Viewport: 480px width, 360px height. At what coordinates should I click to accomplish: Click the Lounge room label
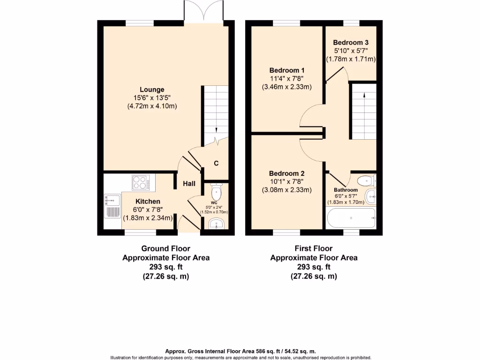152,90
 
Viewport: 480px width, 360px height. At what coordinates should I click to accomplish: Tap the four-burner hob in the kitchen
141,182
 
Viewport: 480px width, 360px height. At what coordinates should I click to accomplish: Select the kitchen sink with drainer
112,206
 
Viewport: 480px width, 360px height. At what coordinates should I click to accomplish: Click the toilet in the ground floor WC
216,191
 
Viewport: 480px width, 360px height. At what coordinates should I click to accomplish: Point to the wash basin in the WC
217,224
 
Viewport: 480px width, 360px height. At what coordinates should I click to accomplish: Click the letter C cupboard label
216,164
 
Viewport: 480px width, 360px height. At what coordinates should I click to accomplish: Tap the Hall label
189,184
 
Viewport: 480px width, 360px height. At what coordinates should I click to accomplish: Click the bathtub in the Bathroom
351,218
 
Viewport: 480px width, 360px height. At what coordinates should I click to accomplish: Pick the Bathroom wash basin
370,196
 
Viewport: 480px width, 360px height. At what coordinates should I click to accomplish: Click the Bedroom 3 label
351,43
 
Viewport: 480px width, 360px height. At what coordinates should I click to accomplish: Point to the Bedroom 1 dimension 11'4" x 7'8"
287,79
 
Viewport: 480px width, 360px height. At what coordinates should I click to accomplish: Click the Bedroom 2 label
287,173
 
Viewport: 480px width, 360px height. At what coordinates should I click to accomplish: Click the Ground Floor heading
165,248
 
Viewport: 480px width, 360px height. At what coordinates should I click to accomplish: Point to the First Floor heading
314,248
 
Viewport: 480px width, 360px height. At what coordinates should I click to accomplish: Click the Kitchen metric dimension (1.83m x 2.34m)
148,218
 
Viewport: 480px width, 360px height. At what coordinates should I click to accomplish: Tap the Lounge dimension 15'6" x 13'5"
152,97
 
